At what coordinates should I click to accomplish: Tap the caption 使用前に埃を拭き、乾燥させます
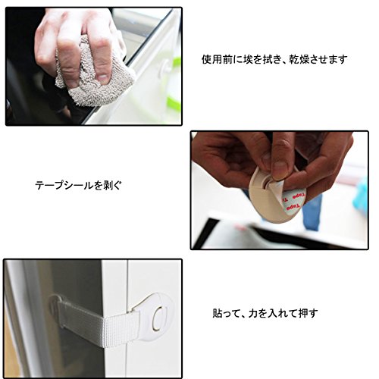(274, 60)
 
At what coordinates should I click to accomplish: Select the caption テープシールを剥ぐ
(78, 186)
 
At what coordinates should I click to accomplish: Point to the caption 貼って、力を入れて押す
(265, 313)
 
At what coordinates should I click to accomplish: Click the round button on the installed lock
(159, 318)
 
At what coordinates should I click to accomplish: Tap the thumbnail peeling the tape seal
(280, 170)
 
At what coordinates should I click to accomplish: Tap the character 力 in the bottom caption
(253, 313)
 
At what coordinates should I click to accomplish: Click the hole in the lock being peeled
(266, 183)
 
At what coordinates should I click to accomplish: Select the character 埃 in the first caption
(248, 60)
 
